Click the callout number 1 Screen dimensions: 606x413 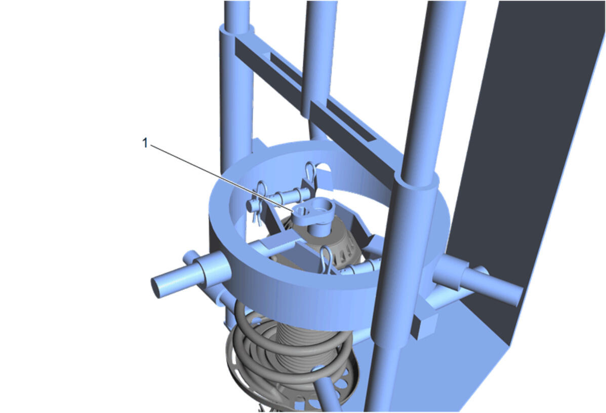pos(145,143)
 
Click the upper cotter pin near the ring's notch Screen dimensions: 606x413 pos(310,174)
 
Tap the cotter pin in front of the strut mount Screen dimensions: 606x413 pos(326,260)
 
